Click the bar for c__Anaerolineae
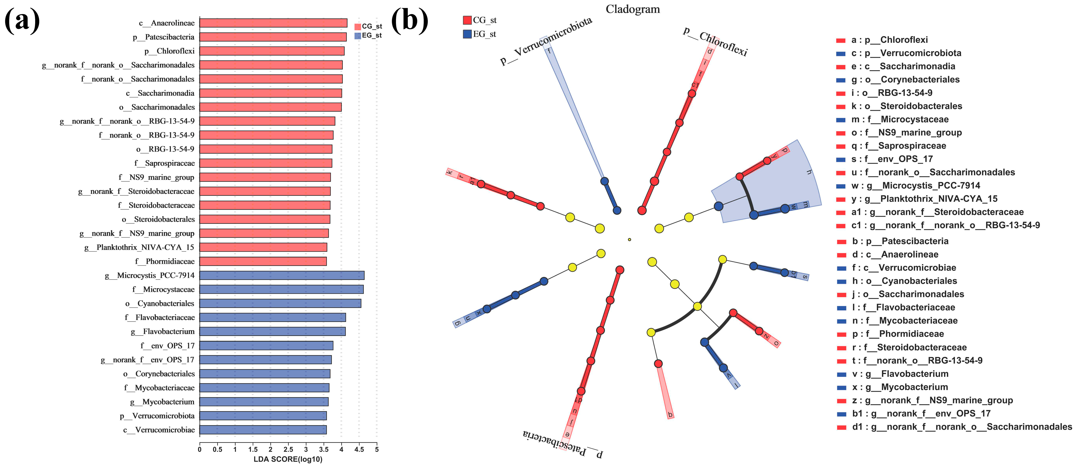click(x=273, y=23)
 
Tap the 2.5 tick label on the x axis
click(x=288, y=450)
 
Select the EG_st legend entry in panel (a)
click(x=368, y=36)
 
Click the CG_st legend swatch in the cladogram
click(x=467, y=20)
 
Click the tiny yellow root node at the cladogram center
click(x=629, y=239)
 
